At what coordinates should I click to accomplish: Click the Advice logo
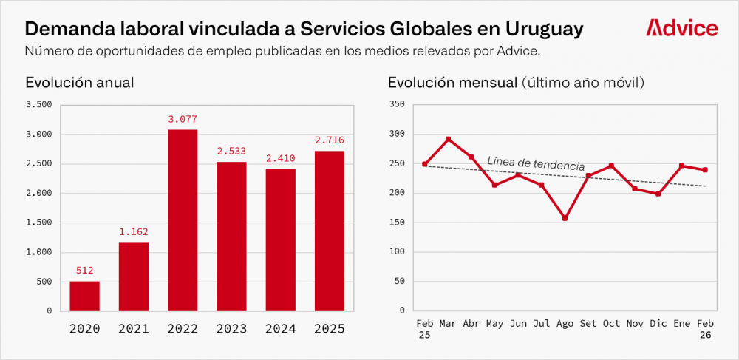point(681,28)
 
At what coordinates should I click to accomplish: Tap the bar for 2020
point(85,296)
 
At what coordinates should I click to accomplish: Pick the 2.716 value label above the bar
point(330,140)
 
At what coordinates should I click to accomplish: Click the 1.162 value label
point(134,231)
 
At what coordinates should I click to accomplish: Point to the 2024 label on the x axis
point(281,329)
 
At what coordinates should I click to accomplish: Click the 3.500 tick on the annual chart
point(38,105)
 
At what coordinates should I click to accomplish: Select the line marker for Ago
point(565,218)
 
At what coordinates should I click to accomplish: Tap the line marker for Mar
point(448,139)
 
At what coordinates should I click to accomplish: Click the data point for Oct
point(611,166)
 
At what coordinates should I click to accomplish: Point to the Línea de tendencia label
point(536,163)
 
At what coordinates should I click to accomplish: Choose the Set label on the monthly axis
point(588,324)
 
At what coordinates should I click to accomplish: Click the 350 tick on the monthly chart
point(397,105)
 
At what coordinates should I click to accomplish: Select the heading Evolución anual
point(80,83)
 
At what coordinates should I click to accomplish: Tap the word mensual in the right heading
point(483,83)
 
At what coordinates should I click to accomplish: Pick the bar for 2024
point(281,240)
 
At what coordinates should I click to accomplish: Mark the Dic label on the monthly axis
point(658,324)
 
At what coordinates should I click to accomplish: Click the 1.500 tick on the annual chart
point(38,223)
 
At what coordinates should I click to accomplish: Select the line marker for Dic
point(658,194)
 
